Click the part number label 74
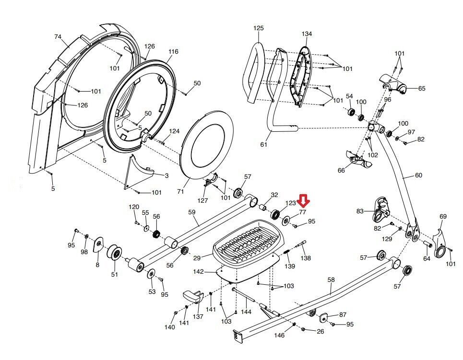[x=58, y=36]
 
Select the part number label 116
[x=173, y=51]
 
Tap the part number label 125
[x=258, y=28]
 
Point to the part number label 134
[x=307, y=34]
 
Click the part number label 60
[x=418, y=175]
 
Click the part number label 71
[x=180, y=191]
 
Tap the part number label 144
[x=246, y=312]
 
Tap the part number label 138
[x=306, y=258]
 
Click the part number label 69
[x=443, y=217]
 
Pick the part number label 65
[x=422, y=88]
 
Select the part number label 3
[x=166, y=176]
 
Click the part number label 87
[x=343, y=314]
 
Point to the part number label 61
[x=262, y=144]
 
